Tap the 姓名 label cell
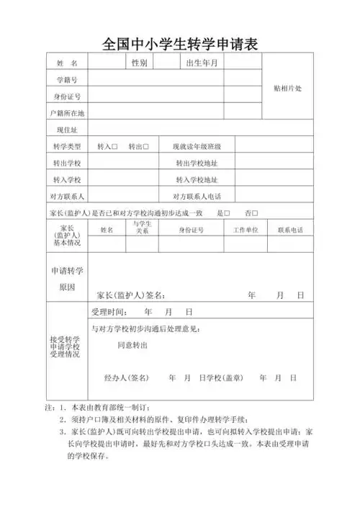pyautogui.click(x=66, y=63)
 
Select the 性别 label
pyautogui.click(x=139, y=63)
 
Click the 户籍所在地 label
pyautogui.click(x=66, y=113)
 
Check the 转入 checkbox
pyautogui.click(x=114, y=147)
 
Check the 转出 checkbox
pyautogui.click(x=145, y=147)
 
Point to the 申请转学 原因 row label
pyautogui.click(x=66, y=279)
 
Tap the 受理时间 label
pyautogui.click(x=108, y=313)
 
